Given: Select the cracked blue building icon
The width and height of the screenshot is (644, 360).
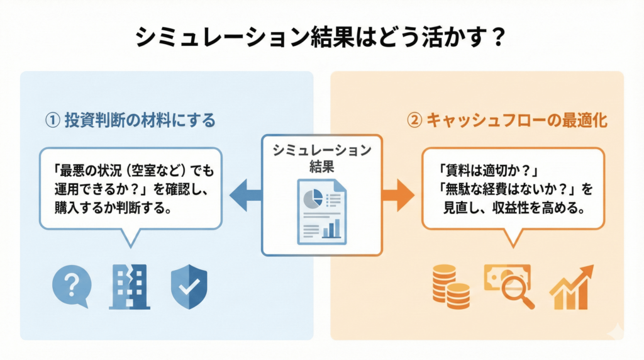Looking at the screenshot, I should (x=130, y=287).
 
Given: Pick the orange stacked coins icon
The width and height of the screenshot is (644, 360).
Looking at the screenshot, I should (x=450, y=287).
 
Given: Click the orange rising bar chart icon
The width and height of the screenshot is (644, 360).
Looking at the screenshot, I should (x=571, y=287).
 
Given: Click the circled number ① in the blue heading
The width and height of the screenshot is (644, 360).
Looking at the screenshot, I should (x=53, y=120).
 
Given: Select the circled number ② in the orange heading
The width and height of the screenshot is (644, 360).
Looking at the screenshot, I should (x=414, y=120).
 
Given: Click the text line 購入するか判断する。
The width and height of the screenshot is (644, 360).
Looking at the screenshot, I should (x=113, y=208).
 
